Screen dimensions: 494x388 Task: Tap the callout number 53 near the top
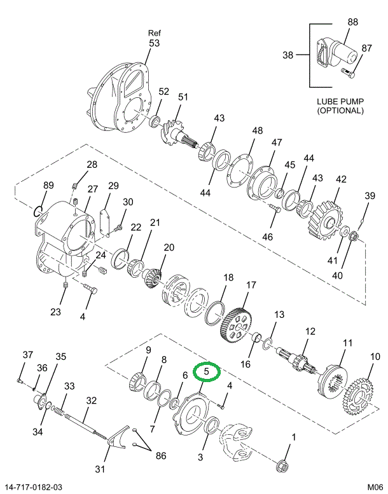tap(155, 43)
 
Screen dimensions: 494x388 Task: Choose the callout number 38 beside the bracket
tap(288, 55)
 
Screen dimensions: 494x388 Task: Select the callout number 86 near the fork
tap(160, 455)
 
